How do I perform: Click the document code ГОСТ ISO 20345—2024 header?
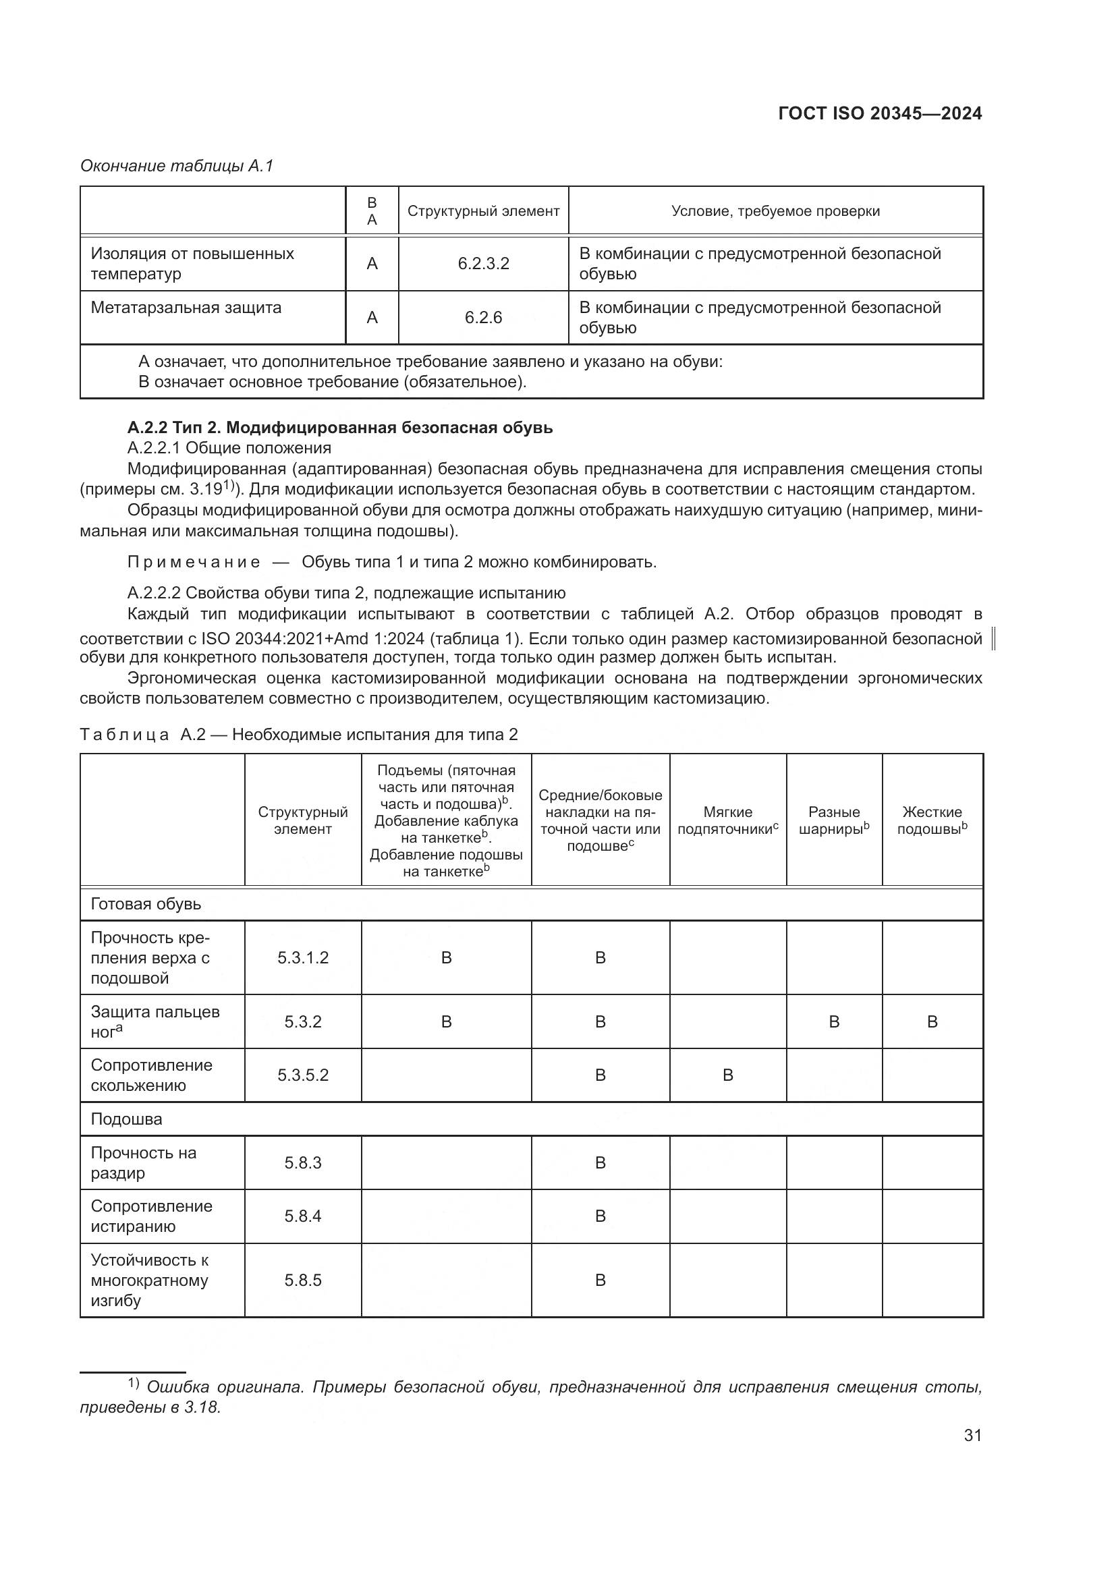[880, 114]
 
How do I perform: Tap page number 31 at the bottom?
[972, 1434]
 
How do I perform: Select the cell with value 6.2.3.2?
[483, 263]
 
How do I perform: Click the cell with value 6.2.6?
[483, 317]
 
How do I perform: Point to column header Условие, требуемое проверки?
[775, 211]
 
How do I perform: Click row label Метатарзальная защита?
[186, 307]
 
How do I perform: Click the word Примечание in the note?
[194, 561]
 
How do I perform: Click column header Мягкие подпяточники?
[728, 820]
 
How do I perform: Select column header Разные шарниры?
[833, 820]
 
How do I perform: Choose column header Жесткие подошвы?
[932, 820]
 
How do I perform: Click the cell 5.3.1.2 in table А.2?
[303, 957]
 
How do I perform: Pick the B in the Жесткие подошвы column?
[932, 1021]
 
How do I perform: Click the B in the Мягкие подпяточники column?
[728, 1075]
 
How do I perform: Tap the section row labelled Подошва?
[126, 1119]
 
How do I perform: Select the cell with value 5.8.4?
[303, 1216]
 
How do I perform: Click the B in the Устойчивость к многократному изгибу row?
[600, 1280]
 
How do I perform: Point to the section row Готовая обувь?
[146, 904]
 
